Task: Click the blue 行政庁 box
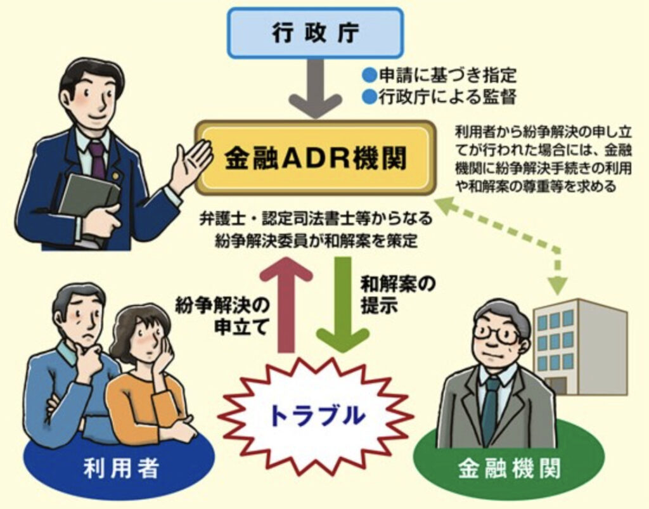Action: click(315, 32)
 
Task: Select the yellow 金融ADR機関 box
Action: click(315, 158)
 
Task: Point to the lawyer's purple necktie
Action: click(97, 158)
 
